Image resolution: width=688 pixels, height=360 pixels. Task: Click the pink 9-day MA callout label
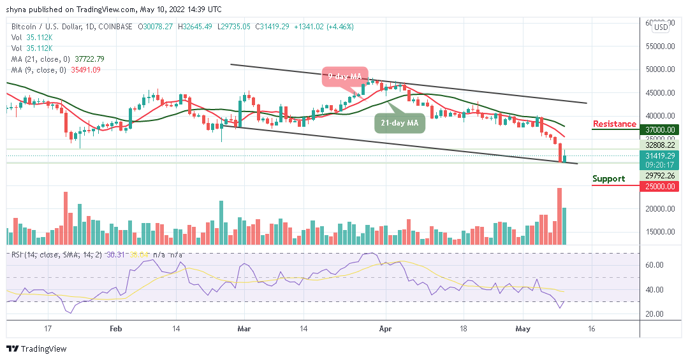[x=344, y=76]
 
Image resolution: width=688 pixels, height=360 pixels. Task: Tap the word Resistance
[x=614, y=124]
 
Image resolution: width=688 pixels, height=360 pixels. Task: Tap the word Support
[x=608, y=178]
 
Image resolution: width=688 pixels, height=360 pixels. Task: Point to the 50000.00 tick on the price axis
[x=660, y=69]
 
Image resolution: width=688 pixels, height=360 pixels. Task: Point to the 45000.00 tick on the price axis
[x=660, y=92]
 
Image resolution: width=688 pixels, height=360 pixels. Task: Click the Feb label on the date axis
[x=115, y=329]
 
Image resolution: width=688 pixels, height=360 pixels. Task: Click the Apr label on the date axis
[x=385, y=329]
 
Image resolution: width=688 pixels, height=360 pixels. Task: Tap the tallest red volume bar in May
[x=559, y=217]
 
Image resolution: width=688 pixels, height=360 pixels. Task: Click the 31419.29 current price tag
[x=660, y=154]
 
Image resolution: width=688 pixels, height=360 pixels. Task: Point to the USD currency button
[x=661, y=27]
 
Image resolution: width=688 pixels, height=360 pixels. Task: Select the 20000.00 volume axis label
[x=660, y=208]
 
